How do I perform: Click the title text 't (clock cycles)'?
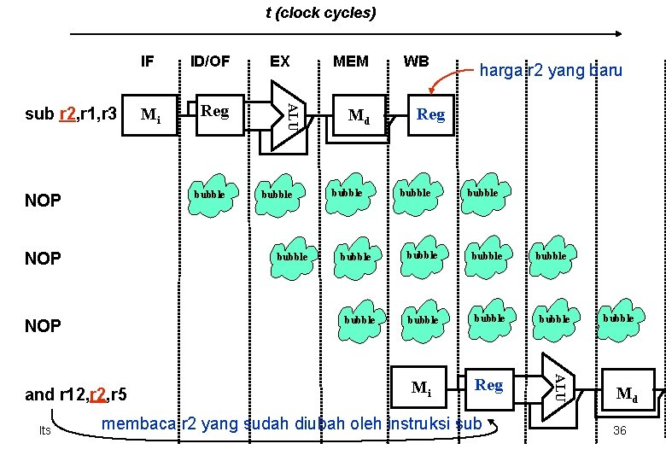pos(320,13)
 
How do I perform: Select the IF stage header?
pos(147,61)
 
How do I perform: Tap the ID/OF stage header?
pos(210,61)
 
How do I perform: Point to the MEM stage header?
pos(350,61)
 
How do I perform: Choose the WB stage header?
pos(416,61)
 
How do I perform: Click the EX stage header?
pos(279,61)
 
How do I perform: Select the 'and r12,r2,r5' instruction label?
pos(76,394)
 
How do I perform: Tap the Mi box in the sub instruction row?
pos(152,115)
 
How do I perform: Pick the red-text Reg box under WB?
pos(430,114)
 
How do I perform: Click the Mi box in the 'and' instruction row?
pos(420,388)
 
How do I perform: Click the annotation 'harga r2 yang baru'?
pos(551,71)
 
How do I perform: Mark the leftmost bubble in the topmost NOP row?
pos(209,194)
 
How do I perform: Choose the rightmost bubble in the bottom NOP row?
pos(619,318)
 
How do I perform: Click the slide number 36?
pos(619,430)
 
